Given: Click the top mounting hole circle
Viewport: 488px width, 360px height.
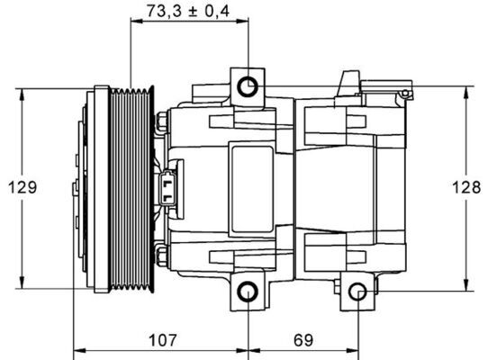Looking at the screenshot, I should [248, 85].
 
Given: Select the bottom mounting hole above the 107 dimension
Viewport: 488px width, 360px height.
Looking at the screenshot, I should [248, 292].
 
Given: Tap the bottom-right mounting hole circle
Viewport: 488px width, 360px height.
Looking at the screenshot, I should [357, 292].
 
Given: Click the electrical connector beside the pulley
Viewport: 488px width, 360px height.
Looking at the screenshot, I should [171, 188].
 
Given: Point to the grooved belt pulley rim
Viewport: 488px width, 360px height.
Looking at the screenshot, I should [132, 188].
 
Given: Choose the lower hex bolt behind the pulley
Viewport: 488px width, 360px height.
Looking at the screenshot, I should [162, 258].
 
